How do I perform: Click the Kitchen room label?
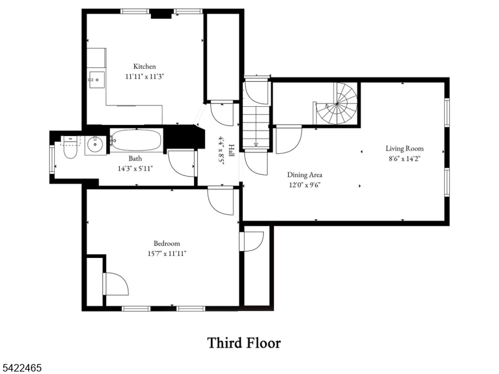(x=145, y=66)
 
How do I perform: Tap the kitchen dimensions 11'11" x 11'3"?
(x=145, y=76)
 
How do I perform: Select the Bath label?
(x=135, y=159)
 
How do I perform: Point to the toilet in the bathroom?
(x=70, y=147)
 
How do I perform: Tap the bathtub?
(x=137, y=140)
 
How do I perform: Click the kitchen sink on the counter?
(x=97, y=79)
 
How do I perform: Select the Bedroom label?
(x=167, y=244)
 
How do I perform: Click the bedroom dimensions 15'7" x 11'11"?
(x=167, y=253)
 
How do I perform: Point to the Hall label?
(x=231, y=150)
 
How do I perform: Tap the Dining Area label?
(x=304, y=175)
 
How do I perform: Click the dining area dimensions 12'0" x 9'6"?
(x=304, y=185)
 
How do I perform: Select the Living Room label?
(x=404, y=148)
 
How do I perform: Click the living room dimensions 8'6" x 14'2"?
(x=404, y=159)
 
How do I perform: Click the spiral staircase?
(x=337, y=104)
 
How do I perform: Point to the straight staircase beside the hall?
(x=256, y=127)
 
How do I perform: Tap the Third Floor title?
(x=244, y=343)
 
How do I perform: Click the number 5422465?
(x=21, y=368)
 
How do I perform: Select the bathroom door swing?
(x=182, y=163)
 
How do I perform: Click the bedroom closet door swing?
(x=116, y=284)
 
